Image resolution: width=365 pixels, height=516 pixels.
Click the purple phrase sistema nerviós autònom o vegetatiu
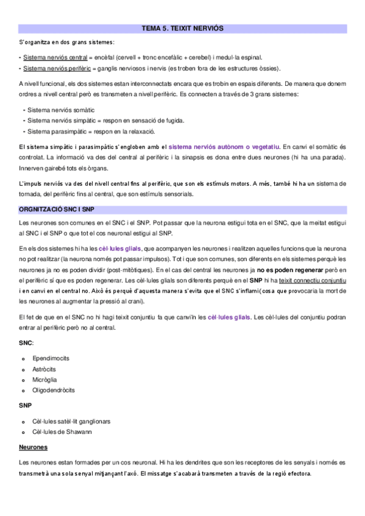pos(224,147)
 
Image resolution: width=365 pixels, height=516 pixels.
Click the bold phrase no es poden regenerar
pos(289,269)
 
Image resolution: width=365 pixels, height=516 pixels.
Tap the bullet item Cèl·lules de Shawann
pos(62,432)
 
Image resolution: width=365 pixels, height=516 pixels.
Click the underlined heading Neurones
pos(34,447)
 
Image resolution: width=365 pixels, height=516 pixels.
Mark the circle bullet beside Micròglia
pos(22,380)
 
